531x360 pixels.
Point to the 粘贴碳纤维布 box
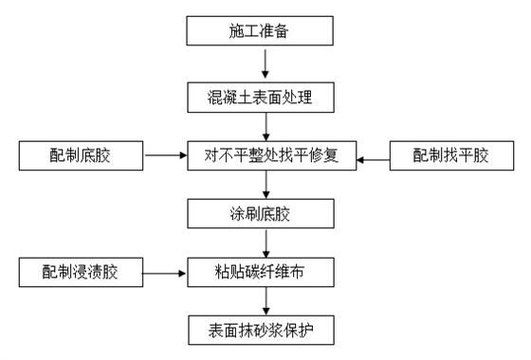265,273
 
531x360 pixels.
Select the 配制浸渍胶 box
81,273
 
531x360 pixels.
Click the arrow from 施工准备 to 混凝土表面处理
266,63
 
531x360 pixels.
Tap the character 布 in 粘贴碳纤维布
307,273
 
